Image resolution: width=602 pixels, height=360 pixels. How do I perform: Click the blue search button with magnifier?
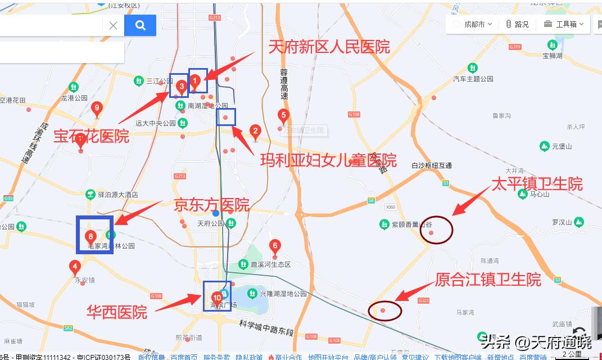pos(140,25)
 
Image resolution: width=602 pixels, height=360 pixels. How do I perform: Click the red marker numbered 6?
pos(275,246)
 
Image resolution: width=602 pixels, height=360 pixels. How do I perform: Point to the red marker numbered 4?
pos(75,267)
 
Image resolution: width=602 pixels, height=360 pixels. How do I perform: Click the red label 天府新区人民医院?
pos(329,47)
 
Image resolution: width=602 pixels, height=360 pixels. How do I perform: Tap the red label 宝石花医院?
pos(91,136)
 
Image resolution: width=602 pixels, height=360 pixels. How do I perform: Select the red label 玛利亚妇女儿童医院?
pos(328,160)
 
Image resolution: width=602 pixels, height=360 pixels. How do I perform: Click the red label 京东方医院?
pos(211,204)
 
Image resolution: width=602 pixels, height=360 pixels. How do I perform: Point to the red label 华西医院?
pos(116,312)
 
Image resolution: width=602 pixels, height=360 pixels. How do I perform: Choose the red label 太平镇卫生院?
pos(537,184)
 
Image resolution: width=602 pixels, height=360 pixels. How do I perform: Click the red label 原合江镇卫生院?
pos(488,280)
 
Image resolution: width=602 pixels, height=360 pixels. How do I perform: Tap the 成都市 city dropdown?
pos(478,24)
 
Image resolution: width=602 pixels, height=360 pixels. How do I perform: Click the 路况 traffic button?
pos(517,24)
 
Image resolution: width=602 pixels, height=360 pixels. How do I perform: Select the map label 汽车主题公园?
pos(473,79)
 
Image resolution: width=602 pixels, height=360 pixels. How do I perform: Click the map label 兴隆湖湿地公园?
pos(283,294)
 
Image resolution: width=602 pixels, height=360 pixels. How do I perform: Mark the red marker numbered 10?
pos(217,298)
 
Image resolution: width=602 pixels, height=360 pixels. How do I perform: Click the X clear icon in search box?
pos(113,25)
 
